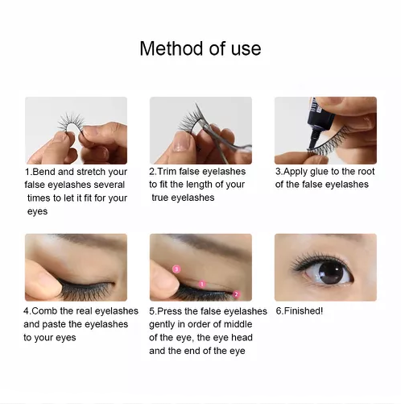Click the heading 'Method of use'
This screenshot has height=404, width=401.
coord(200,48)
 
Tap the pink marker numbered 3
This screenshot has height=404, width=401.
coord(176,269)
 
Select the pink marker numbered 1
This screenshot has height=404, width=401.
coord(202,284)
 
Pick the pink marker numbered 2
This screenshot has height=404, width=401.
coord(236,294)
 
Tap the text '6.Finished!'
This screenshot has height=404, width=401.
coord(300,311)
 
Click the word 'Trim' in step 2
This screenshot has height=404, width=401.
coord(167,172)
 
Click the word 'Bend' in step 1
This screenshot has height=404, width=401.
coord(43,172)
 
